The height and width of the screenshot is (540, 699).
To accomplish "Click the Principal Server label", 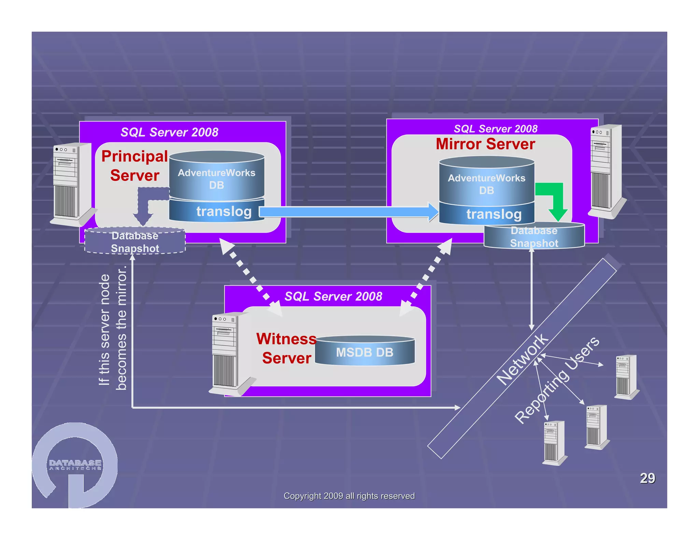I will pyautogui.click(x=135, y=166).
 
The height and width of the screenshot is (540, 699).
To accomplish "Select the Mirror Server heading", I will pyautogui.click(x=485, y=144).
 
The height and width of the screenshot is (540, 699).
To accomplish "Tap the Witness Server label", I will pyautogui.click(x=286, y=349).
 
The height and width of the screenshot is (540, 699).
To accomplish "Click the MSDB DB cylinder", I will pyautogui.click(x=365, y=352).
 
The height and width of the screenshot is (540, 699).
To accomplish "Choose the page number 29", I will pyautogui.click(x=647, y=478).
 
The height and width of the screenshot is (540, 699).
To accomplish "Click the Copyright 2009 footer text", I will pyautogui.click(x=349, y=496).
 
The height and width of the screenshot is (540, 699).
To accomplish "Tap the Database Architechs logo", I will pyautogui.click(x=75, y=464).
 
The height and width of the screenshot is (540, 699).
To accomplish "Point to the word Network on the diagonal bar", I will pyautogui.click(x=522, y=359).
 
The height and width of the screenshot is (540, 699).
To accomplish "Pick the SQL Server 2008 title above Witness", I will pyautogui.click(x=333, y=296).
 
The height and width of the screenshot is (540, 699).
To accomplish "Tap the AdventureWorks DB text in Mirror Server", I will pyautogui.click(x=486, y=184).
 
